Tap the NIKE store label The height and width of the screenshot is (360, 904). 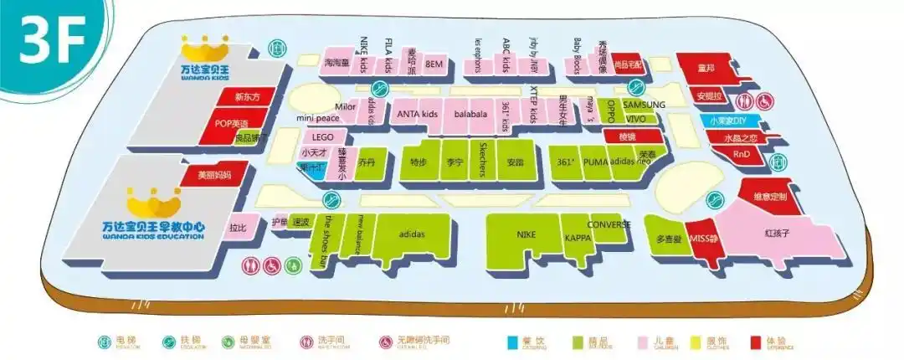pyautogui.click(x=526, y=234)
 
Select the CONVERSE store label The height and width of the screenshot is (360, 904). pyautogui.click(x=609, y=224)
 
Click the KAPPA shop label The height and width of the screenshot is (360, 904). pyautogui.click(x=578, y=239)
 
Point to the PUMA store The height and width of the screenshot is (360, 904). pyautogui.click(x=595, y=162)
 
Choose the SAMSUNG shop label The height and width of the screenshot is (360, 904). pyautogui.click(x=644, y=105)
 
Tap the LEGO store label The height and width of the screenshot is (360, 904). pyautogui.click(x=323, y=136)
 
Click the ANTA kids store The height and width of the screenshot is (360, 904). pyautogui.click(x=417, y=113)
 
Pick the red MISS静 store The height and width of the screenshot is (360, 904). pyautogui.click(x=702, y=239)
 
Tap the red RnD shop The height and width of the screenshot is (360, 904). pyautogui.click(x=742, y=153)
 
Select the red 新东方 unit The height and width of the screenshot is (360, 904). pyautogui.click(x=248, y=96)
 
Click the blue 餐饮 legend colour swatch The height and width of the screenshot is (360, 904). pyautogui.click(x=512, y=342)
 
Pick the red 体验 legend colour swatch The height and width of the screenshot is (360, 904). pyautogui.click(x=755, y=342)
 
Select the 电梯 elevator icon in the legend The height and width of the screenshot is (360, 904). pyautogui.click(x=103, y=342)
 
